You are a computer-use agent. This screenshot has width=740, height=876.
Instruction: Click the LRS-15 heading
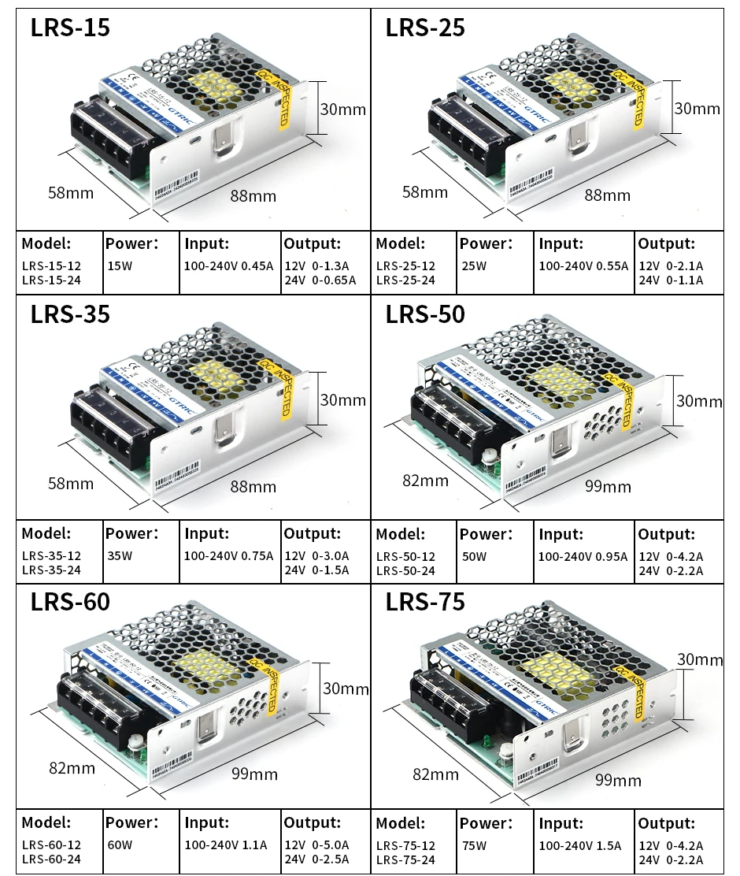click(x=70, y=28)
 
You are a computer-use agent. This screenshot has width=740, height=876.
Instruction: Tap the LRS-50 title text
click(x=425, y=314)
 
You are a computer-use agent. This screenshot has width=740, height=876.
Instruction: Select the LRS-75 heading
click(x=425, y=603)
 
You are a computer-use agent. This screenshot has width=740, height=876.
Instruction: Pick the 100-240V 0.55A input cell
click(x=583, y=265)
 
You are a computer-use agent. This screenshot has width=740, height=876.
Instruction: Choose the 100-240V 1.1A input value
click(x=226, y=845)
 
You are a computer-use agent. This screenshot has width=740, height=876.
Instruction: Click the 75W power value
click(x=474, y=845)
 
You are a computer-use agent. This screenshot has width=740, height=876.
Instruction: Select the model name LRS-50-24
click(x=405, y=571)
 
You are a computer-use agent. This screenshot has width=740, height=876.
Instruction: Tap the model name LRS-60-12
click(x=51, y=845)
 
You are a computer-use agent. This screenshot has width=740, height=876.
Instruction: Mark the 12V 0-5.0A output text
click(x=316, y=845)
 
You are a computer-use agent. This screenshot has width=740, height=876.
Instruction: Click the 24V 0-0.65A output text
click(x=320, y=280)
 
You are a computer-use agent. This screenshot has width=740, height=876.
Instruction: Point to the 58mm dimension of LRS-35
click(x=71, y=483)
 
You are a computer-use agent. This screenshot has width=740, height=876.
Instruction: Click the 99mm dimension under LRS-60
click(x=254, y=774)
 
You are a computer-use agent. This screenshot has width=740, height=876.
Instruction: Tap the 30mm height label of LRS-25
click(x=697, y=109)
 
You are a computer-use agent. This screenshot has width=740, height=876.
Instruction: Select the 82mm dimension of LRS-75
click(x=435, y=774)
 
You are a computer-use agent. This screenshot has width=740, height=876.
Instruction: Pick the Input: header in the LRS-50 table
click(x=561, y=534)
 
